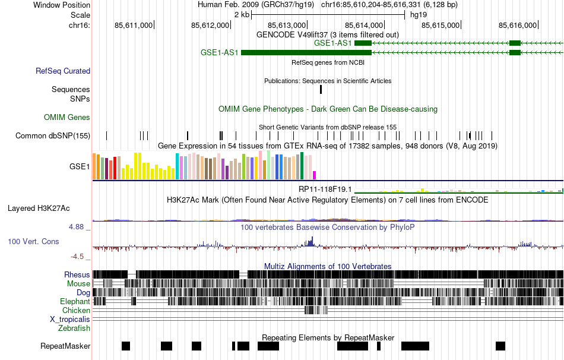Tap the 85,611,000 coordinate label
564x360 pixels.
[134, 25]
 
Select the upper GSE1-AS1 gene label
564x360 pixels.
[332, 43]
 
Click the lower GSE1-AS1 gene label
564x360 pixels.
[220, 52]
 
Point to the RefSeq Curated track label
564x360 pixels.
[63, 71]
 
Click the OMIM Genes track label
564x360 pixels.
[67, 118]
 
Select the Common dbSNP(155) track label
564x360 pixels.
[53, 135]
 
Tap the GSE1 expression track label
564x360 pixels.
[80, 166]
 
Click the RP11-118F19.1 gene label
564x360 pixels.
[325, 190]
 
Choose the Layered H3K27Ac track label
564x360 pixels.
[39, 208]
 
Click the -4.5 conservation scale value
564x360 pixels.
[78, 257]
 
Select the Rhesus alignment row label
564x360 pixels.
[77, 274]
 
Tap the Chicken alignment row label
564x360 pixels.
[77, 310]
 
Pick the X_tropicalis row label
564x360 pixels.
[70, 319]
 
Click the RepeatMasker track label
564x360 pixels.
[65, 346]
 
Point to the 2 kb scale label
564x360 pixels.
[242, 14]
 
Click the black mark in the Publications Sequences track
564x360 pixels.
[321, 90]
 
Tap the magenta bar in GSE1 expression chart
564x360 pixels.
[315, 175]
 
